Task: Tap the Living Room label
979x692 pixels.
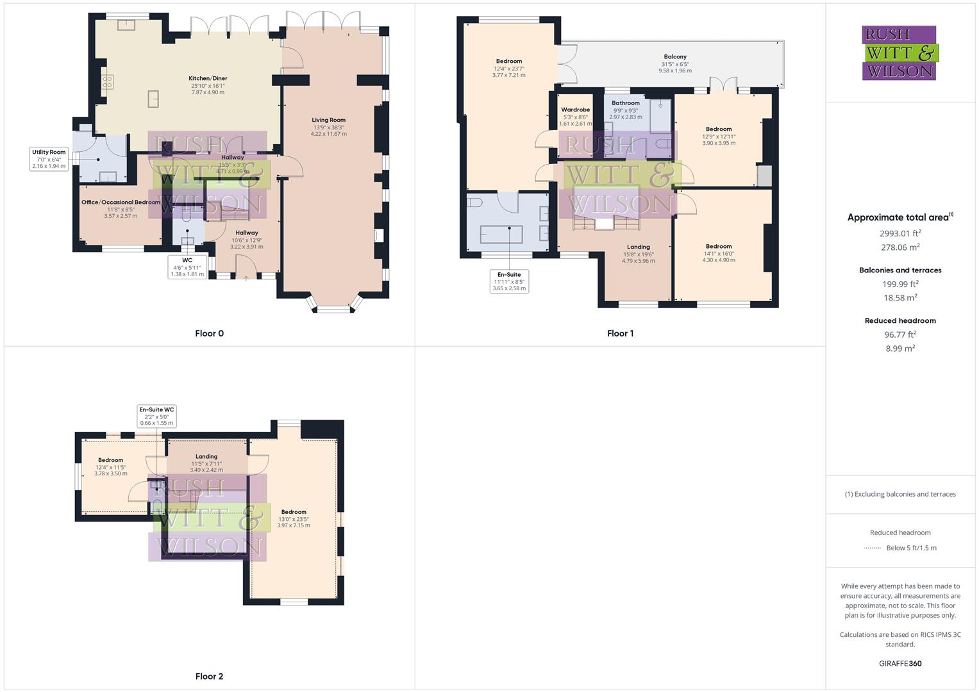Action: (x=328, y=120)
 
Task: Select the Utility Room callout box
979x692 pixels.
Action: (x=49, y=159)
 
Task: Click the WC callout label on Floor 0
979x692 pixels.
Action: (x=187, y=267)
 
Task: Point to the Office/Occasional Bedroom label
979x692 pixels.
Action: (x=121, y=202)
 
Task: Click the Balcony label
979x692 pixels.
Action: (x=675, y=57)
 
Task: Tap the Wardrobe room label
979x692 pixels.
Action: (x=575, y=110)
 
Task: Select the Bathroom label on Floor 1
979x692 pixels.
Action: (x=625, y=103)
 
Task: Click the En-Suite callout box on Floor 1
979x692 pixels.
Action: (x=509, y=281)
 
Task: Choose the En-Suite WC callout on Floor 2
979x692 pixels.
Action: (x=156, y=416)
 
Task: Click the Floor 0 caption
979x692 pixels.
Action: (x=209, y=333)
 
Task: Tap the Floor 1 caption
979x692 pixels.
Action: (x=620, y=333)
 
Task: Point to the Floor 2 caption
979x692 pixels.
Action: (x=209, y=676)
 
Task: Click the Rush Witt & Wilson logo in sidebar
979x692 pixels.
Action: (x=899, y=53)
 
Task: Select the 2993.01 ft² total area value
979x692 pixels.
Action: (x=900, y=233)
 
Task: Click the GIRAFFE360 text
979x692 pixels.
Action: (x=900, y=663)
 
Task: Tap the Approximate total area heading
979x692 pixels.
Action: (x=900, y=217)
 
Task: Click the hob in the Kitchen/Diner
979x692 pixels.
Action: (x=108, y=82)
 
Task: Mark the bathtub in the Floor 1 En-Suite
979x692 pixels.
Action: (x=501, y=235)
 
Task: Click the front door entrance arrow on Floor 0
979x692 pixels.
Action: (x=246, y=278)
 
